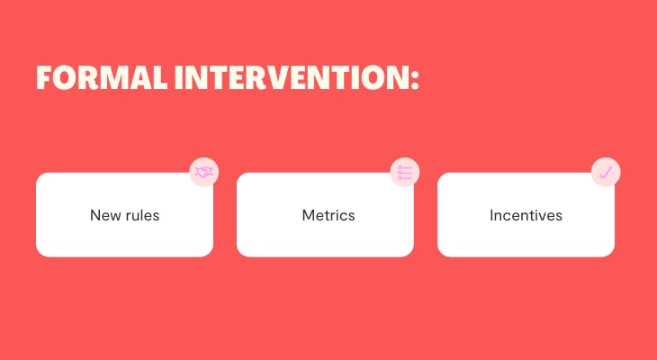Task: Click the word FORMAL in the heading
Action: (103, 78)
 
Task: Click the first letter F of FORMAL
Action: (44, 78)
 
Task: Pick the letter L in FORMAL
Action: (159, 78)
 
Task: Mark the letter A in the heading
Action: (139, 78)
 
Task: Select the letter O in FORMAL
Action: (65, 78)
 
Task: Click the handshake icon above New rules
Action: (204, 172)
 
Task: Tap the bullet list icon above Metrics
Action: (405, 172)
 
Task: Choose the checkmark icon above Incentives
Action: (606, 172)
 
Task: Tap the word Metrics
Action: (328, 215)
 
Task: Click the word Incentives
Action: (526, 215)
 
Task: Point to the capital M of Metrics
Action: (308, 215)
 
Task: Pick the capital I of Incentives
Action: (491, 215)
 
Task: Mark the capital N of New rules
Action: (95, 215)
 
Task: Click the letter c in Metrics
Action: (343, 217)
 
